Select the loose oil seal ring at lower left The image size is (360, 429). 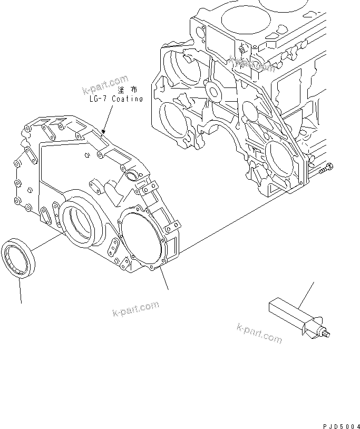coord(19,257)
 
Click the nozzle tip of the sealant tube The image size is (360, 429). coord(328,334)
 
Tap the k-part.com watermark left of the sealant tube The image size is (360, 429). coord(259,334)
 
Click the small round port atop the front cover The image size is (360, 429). coord(131,175)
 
